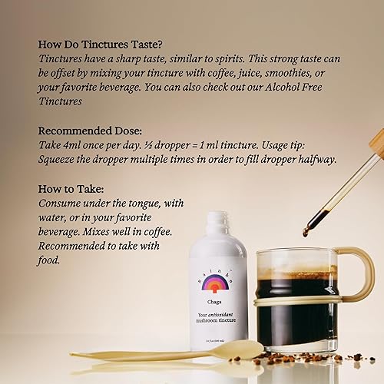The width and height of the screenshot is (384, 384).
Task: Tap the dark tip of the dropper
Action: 306,231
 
